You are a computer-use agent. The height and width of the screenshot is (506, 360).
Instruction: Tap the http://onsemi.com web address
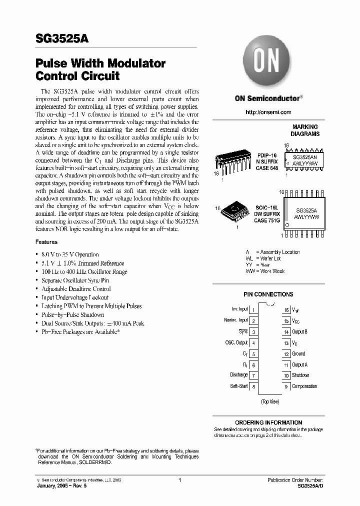coord(268,112)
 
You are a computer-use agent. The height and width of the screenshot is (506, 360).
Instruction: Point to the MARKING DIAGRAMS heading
coord(305,130)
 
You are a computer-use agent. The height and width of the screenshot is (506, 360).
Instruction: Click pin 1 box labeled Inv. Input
coord(254,310)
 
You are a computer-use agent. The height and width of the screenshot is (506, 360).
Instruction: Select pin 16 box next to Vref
coord(286,310)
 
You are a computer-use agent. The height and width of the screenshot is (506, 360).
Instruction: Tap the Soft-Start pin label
coord(238,386)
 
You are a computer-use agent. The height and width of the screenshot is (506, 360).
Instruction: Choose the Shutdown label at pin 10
coord(300,375)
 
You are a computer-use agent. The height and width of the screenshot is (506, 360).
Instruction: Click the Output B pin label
coord(299,331)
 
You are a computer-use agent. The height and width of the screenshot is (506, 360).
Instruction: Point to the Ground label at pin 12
coord(298,353)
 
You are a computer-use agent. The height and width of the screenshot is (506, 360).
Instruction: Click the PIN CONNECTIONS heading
coord(268,294)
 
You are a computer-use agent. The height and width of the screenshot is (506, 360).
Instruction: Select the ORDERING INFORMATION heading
coord(268,422)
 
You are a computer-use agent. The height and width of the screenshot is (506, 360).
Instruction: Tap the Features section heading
coord(46,242)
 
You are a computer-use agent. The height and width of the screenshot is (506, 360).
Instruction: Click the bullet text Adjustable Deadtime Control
coord(76,289)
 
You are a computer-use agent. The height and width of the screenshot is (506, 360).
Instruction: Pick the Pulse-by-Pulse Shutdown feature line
coord(73,315)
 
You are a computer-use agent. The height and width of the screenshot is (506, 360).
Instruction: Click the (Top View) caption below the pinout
coord(270,401)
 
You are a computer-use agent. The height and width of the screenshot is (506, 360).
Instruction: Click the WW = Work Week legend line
coord(265,270)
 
